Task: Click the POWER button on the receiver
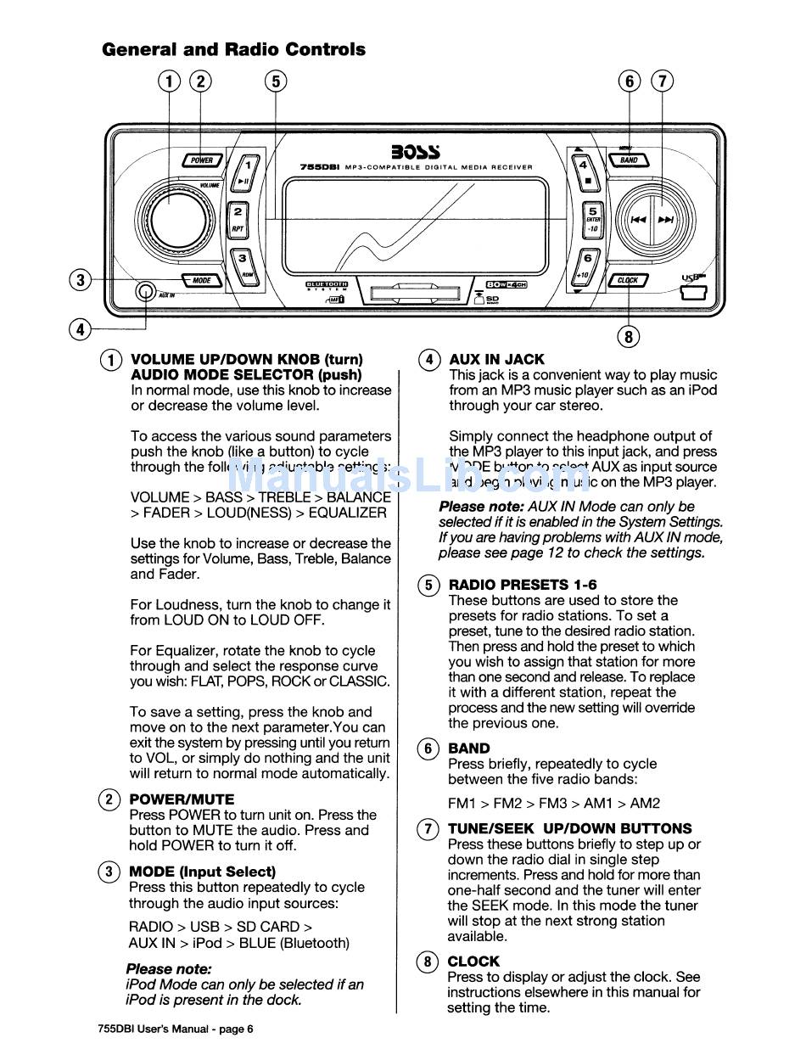coord(202,160)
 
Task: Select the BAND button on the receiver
coord(629,160)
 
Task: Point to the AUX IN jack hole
coord(144,294)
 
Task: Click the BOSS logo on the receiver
coord(415,153)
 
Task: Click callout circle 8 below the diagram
coord(628,337)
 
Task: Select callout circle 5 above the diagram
coord(275,81)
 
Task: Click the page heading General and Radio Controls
coord(233,49)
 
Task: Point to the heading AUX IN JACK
coord(496,359)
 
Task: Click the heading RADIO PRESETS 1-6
coord(522,585)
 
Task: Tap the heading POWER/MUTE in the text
coord(181,799)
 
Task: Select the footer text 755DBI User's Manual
coord(175,1029)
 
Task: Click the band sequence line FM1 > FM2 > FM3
coord(553,803)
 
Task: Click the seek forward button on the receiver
coord(666,219)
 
